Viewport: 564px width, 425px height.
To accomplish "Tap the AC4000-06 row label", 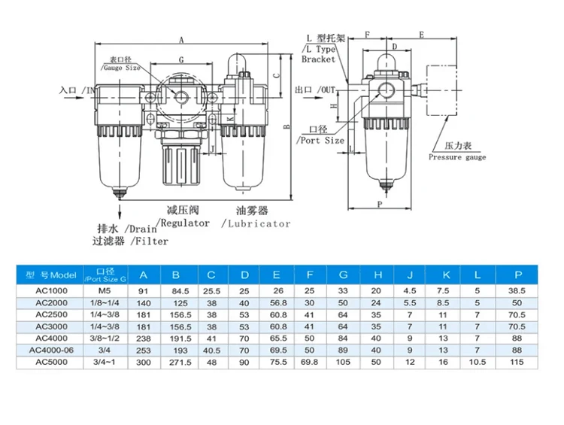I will pyautogui.click(x=51, y=349).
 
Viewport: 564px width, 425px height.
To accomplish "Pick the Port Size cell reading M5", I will pyautogui.click(x=111, y=289).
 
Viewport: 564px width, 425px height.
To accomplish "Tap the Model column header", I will pyautogui.click(x=51, y=274).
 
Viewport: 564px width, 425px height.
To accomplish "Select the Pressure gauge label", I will pyautogui.click(x=457, y=157).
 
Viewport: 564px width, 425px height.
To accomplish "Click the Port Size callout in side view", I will pyautogui.click(x=321, y=140).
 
